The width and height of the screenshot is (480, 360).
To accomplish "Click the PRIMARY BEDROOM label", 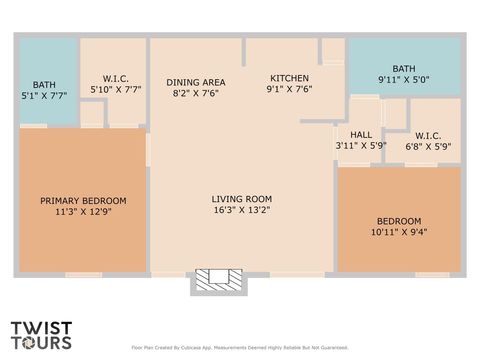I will [x=83, y=201].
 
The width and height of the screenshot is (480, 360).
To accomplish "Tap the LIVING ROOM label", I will [x=241, y=198].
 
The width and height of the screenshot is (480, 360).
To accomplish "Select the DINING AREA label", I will [x=195, y=82].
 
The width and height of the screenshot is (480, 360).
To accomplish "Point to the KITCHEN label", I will [x=290, y=78].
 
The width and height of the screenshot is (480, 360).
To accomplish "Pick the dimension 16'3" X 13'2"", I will [x=241, y=210].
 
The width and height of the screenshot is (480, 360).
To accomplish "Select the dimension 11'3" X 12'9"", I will [x=83, y=212].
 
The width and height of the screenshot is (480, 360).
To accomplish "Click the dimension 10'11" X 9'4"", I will [x=398, y=233].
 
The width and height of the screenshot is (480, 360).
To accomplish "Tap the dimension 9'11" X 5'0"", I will [x=403, y=79].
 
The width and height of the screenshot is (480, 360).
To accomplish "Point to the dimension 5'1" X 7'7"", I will [x=44, y=96].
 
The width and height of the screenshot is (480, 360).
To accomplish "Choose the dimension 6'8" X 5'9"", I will [x=428, y=146].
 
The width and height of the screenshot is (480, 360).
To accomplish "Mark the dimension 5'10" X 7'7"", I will [x=115, y=89].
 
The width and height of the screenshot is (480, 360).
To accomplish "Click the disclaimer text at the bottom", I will [x=239, y=348].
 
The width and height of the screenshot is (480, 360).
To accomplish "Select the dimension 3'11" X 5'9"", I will [x=360, y=146].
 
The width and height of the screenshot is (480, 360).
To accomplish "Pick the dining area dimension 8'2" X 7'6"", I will [x=195, y=93].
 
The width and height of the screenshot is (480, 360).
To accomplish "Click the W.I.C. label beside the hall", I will [x=428, y=135].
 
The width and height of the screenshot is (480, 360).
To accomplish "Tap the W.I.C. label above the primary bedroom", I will [x=115, y=78].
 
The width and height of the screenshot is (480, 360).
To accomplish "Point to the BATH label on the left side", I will [x=44, y=85].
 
